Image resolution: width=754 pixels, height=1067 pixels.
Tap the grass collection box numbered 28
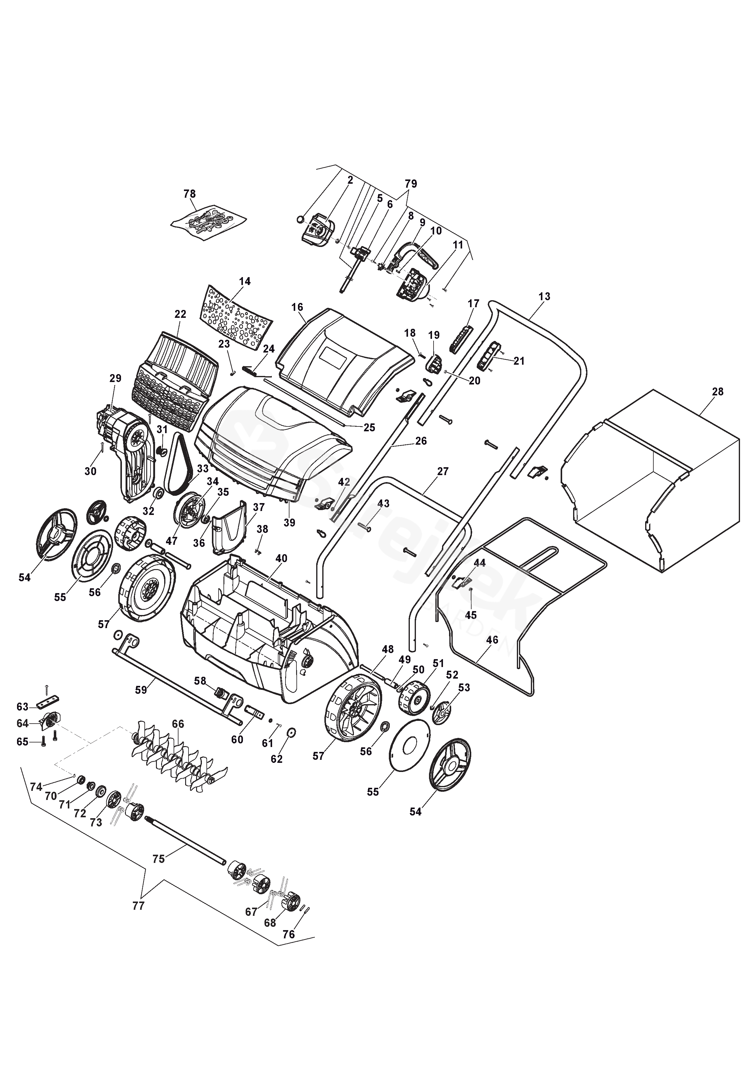pos(650,483)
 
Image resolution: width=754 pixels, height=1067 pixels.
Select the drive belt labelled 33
pos(178,465)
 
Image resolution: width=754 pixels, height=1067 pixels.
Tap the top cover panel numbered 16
pos(344,358)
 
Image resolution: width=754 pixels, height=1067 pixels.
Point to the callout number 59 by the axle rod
pos(141,690)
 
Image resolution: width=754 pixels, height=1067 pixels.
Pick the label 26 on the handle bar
pos(421,441)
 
